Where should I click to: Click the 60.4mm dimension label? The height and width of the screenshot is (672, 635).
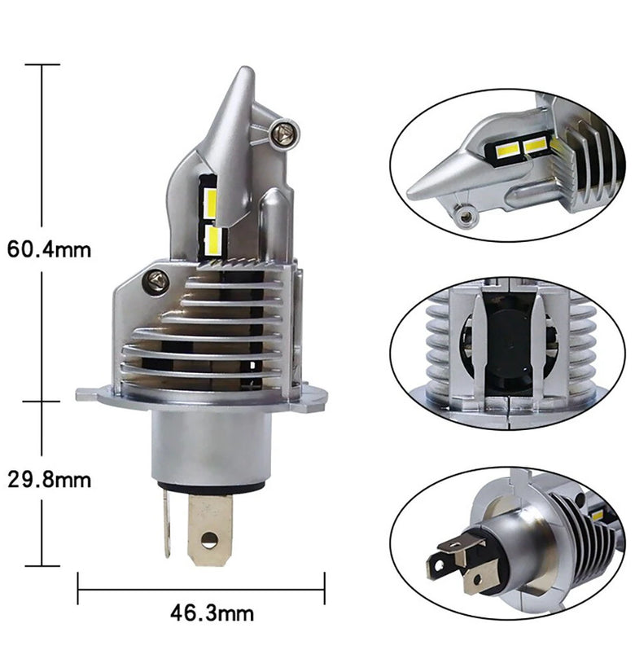pos(50,249)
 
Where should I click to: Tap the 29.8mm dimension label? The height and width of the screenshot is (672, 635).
pos(50,480)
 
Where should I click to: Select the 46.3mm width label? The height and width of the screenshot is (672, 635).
pos(212,613)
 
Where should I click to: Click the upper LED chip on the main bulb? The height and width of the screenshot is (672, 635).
pos(210,203)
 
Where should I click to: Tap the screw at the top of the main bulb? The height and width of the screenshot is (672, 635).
pos(283,134)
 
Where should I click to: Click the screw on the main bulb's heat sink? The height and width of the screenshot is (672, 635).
pos(156,280)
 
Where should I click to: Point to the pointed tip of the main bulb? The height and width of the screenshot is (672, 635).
pos(247,68)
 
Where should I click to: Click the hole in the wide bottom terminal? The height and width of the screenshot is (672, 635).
pos(208,539)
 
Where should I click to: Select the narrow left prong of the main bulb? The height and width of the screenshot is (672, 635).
pos(167,524)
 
